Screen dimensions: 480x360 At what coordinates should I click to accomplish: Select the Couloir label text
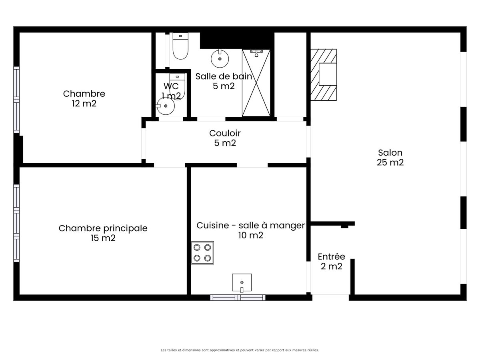click(225, 133)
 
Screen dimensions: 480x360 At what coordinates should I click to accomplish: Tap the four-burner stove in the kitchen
click(202, 253)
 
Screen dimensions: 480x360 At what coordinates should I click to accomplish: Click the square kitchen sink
click(242, 283)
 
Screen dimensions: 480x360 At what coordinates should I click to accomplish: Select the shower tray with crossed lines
click(256, 83)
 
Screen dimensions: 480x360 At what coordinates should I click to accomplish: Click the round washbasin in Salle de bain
click(220, 58)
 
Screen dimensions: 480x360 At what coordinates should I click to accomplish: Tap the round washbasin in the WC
click(166, 106)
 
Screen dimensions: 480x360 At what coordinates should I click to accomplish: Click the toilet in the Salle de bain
click(180, 46)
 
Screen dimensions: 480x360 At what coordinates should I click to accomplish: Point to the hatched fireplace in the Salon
click(324, 74)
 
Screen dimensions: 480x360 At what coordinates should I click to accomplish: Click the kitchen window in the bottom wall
click(238, 298)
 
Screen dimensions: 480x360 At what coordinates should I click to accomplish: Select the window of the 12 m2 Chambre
click(16, 100)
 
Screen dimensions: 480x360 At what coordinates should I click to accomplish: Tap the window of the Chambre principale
click(16, 223)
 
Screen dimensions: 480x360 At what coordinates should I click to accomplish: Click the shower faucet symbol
click(256, 53)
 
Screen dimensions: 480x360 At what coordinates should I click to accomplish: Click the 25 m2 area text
click(390, 162)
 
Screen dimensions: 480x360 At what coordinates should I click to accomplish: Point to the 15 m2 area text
click(103, 238)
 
